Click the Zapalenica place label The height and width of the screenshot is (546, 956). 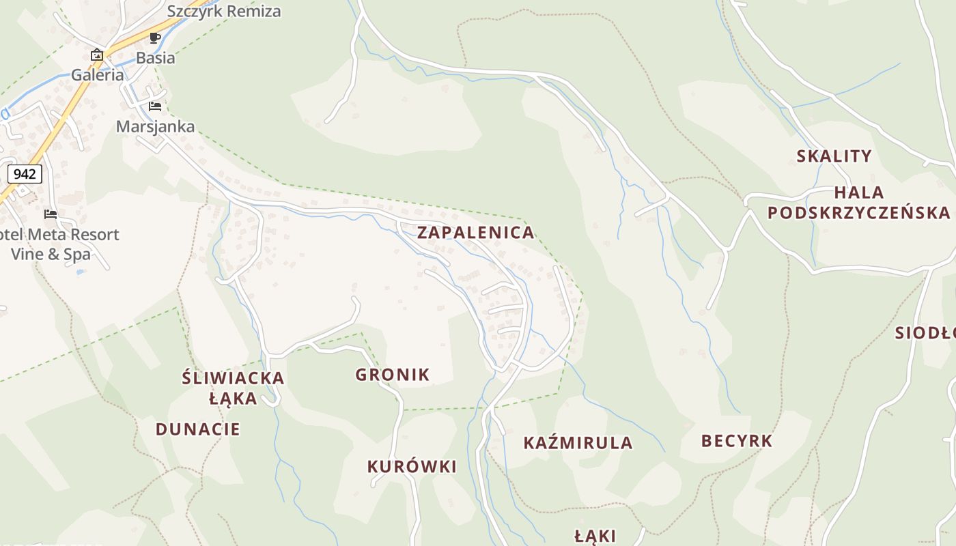click(475, 232)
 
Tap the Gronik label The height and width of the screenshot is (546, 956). click(392, 374)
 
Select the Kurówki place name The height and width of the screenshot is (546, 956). click(412, 467)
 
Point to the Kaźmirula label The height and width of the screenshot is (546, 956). click(578, 443)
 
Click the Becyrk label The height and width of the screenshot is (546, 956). click(737, 441)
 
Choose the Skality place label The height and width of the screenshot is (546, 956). click(834, 156)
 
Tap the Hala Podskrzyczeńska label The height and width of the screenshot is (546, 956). click(858, 203)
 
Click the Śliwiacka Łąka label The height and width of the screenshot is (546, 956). click(233, 388)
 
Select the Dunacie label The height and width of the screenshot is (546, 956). click(197, 429)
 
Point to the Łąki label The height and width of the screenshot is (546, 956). click(595, 536)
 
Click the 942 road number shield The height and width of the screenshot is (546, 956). click(25, 174)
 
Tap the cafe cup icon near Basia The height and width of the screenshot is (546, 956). click(155, 38)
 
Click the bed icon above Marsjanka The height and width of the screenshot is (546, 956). click(155, 106)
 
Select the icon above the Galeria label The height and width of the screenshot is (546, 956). click(97, 55)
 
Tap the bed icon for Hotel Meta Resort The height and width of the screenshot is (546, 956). click(51, 214)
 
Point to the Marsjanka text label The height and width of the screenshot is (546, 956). click(155, 126)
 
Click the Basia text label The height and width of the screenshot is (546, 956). click(155, 58)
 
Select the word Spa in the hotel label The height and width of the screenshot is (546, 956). click(77, 255)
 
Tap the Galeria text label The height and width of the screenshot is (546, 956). click(98, 75)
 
